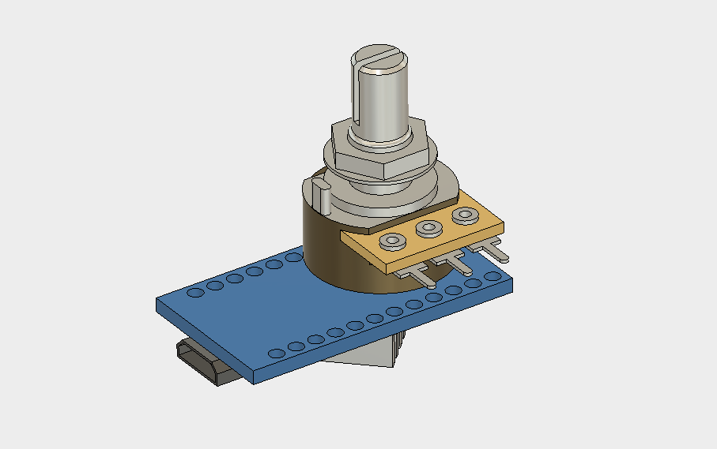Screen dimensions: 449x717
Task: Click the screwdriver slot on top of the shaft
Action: click(381, 56)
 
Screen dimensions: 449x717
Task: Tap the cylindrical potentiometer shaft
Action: click(379, 103)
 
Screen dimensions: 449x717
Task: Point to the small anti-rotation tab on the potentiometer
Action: click(322, 194)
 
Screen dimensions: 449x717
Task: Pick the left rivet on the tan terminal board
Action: click(391, 241)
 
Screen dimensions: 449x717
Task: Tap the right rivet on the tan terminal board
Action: click(464, 215)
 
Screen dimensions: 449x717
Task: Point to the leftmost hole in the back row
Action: click(195, 292)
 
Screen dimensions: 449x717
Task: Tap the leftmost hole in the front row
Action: click(277, 353)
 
